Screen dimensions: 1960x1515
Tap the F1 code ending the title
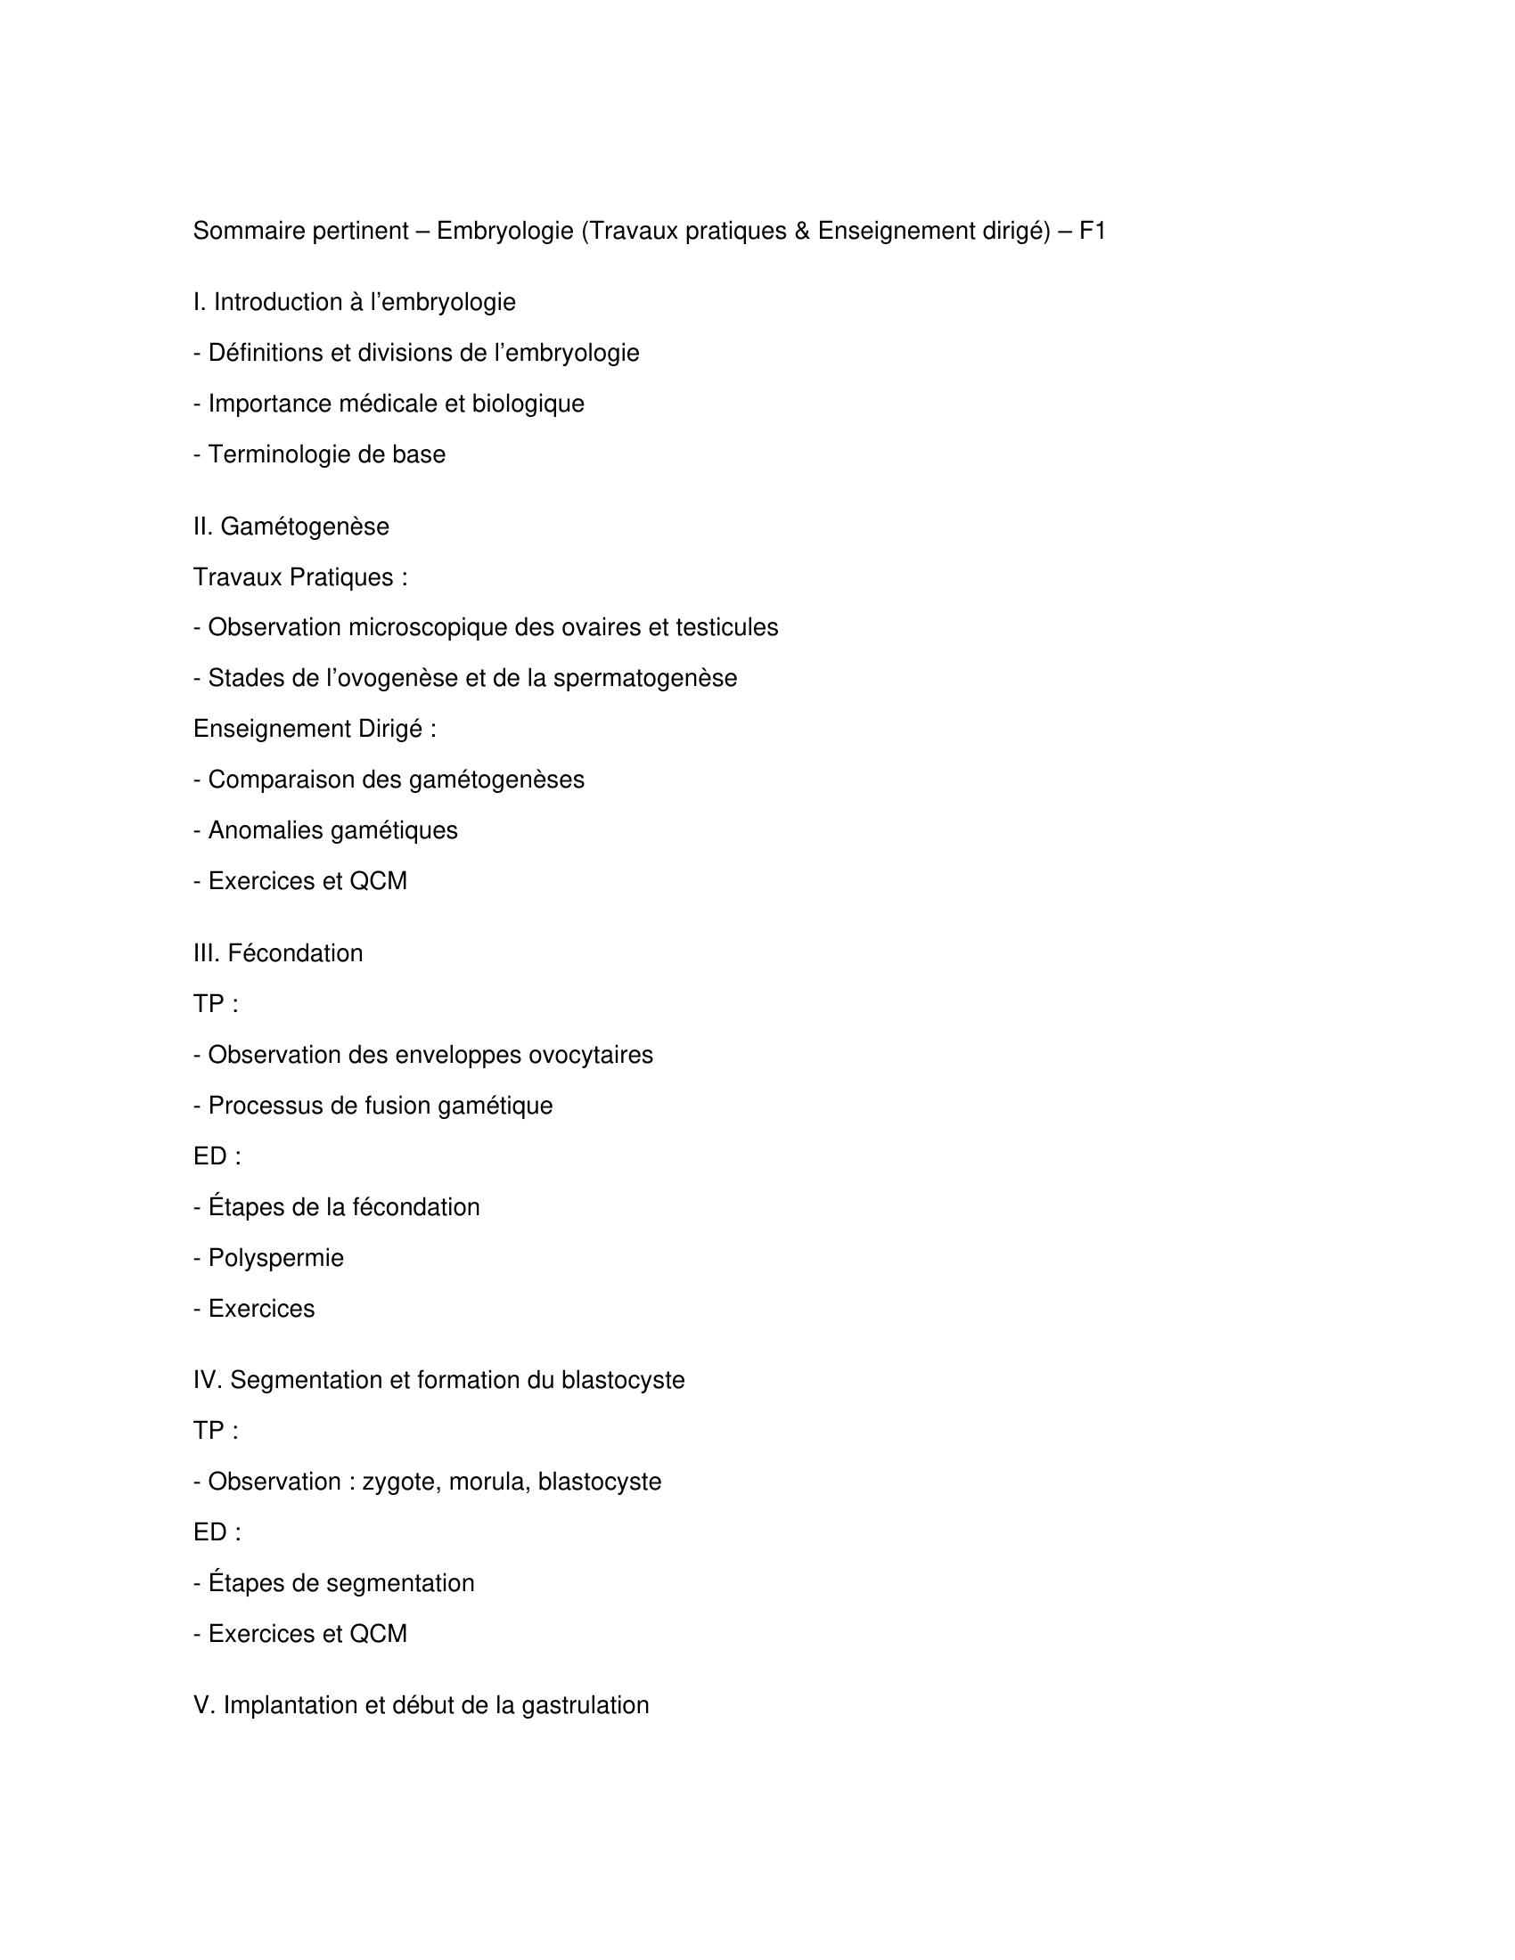[1093, 232]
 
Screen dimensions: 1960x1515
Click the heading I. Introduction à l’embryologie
[355, 302]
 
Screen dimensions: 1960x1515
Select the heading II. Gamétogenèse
[291, 527]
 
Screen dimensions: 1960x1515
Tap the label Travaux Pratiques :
[299, 577]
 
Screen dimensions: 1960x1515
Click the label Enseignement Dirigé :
[314, 729]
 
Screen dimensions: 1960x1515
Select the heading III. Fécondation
[277, 953]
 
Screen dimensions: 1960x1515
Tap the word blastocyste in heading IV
[623, 1380]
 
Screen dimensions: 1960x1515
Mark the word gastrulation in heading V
[585, 1705]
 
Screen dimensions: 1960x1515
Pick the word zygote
[400, 1482]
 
